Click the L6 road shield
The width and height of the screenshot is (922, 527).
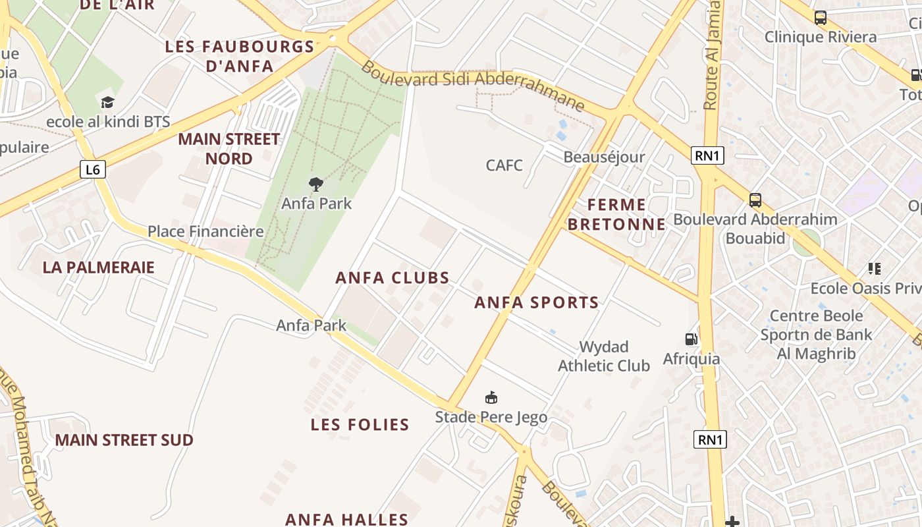[93, 170]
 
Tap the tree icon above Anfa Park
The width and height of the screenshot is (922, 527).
[316, 184]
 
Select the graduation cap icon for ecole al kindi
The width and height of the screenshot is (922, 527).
[107, 102]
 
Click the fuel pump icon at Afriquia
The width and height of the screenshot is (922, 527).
[691, 339]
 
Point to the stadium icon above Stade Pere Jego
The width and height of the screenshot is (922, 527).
[491, 397]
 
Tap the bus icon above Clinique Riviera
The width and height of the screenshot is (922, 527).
[820, 18]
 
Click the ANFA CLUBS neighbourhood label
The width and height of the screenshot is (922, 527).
[393, 278]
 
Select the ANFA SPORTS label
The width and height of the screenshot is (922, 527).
[537, 303]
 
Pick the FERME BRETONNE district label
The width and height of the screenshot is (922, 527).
[616, 214]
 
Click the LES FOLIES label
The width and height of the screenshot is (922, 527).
[360, 425]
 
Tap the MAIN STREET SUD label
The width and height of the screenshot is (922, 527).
[124, 440]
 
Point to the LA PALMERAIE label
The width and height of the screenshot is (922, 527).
[99, 267]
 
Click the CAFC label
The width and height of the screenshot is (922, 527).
[504, 165]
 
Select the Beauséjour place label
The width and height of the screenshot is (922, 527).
[604, 157]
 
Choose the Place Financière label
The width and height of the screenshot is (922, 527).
[205, 232]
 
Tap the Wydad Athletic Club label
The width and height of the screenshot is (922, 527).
[604, 356]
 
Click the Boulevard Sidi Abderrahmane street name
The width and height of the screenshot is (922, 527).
[472, 85]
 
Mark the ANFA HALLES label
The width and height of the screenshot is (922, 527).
[347, 519]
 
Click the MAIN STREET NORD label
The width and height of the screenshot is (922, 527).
[229, 149]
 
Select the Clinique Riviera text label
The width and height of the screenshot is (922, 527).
[820, 37]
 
